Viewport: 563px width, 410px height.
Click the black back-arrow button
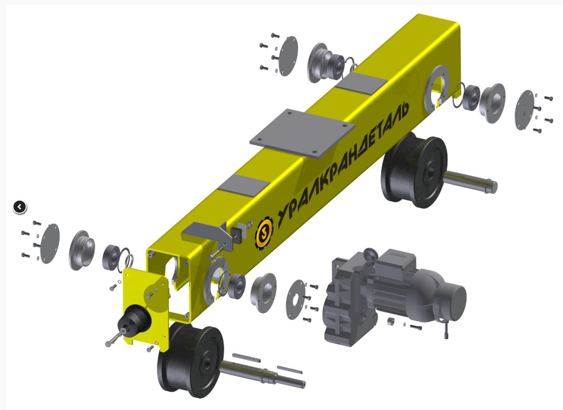20,206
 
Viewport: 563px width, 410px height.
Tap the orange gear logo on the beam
264,234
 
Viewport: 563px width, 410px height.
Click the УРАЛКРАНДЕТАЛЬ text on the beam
343,160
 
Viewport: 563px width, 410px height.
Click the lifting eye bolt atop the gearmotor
370,256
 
